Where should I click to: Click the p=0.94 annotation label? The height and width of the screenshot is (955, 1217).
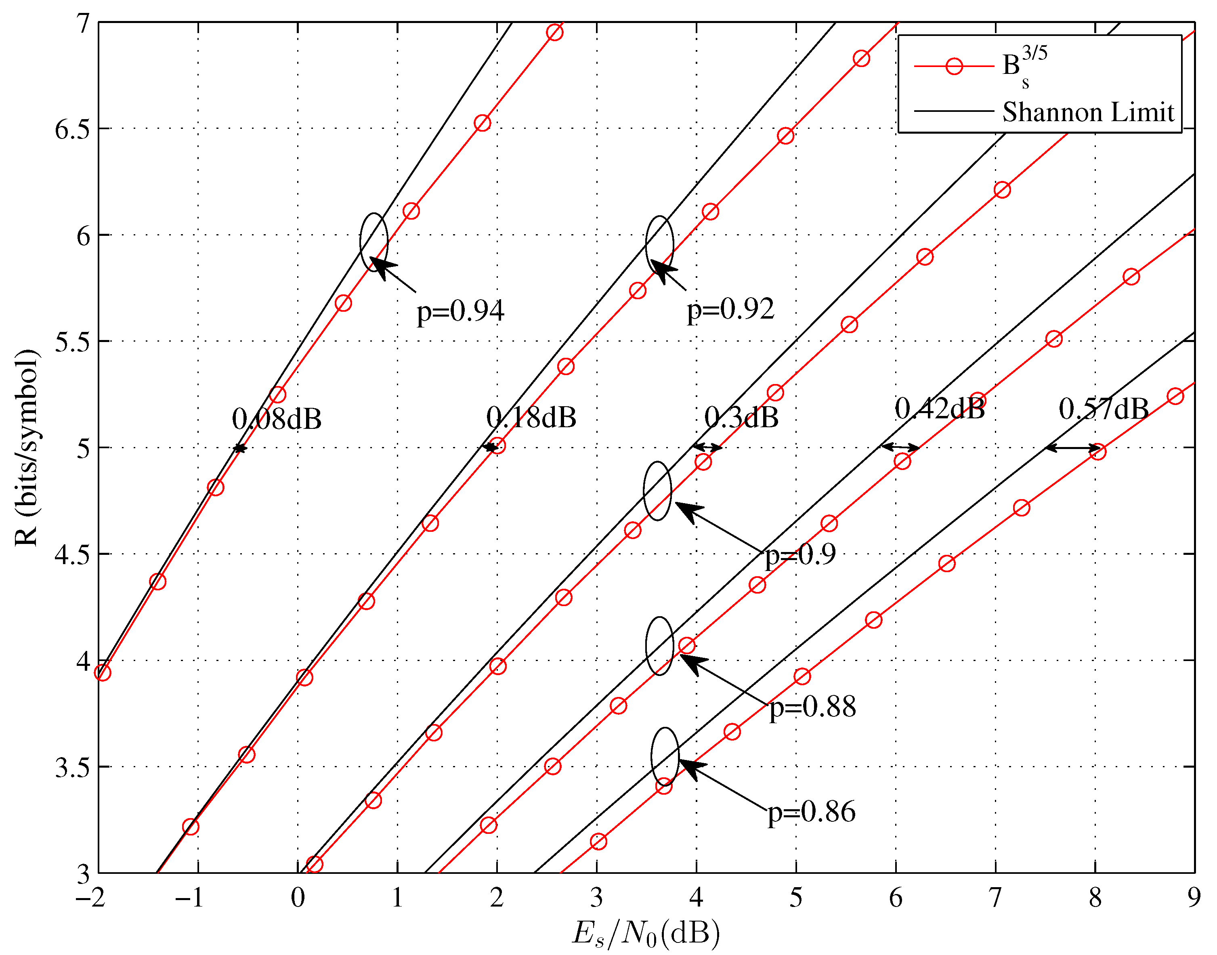pos(460,311)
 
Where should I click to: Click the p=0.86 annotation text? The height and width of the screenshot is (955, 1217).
pos(811,812)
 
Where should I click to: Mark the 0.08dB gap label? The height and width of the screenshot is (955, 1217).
pos(277,419)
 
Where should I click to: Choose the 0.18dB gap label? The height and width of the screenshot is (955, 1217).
pos(531,417)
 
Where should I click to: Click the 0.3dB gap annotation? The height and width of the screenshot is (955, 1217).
pos(741,417)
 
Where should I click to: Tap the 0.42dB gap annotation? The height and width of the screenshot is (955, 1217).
pos(940,409)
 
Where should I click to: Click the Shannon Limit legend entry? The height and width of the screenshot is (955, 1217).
pos(1087,112)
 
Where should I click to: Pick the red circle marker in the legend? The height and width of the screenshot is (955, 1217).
pos(954,67)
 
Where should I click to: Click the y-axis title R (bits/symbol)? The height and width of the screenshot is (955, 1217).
pos(26,447)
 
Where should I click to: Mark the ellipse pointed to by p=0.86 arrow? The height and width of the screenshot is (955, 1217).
pos(665,756)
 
